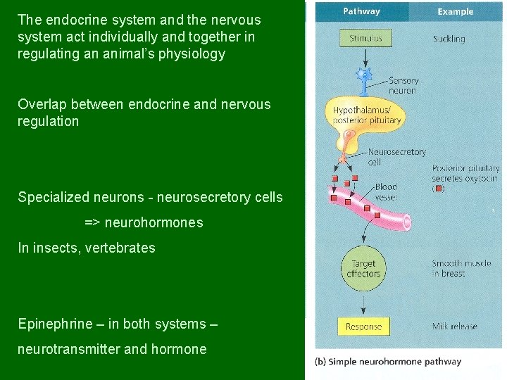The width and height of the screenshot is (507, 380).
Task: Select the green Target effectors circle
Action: tap(363, 269)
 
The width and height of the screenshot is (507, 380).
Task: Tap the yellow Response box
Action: tap(363, 327)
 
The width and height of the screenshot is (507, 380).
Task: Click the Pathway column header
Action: tap(361, 11)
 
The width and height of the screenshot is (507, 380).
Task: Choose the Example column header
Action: tap(456, 12)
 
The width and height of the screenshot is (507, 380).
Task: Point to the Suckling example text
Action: tap(449, 39)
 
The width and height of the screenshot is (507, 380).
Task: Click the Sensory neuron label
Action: tap(403, 86)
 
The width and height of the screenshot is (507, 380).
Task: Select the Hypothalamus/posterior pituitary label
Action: tap(367, 115)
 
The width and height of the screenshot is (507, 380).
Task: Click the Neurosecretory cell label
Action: tap(396, 156)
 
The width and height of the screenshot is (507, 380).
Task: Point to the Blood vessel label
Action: tap(386, 191)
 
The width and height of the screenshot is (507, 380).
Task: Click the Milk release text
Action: tap(454, 327)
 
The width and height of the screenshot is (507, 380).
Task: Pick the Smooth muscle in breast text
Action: tap(458, 269)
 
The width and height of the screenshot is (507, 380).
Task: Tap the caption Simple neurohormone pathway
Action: tap(387, 362)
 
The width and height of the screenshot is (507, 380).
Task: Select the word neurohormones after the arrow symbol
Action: tap(154, 223)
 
